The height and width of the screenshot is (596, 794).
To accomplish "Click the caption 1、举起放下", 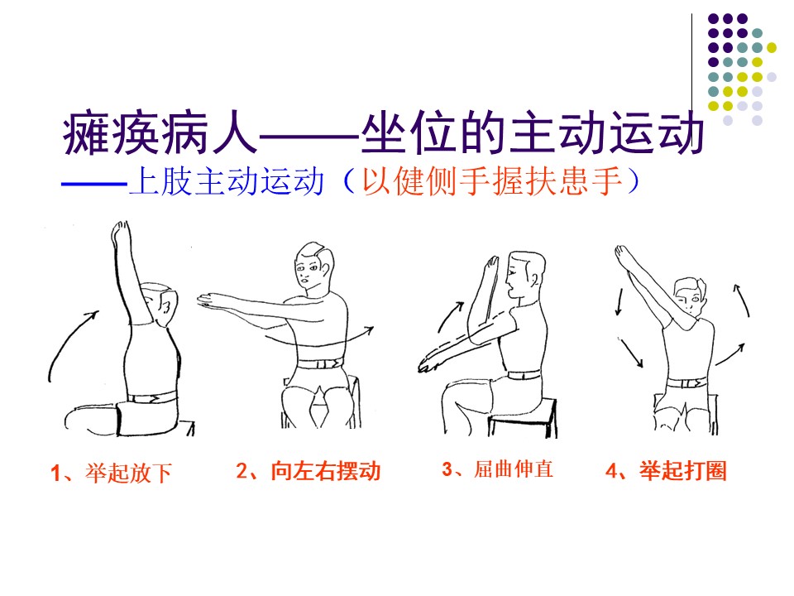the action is [112, 473].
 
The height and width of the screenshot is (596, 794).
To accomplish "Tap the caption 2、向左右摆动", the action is [309, 471].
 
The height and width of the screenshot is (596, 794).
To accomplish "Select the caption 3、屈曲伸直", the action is [497, 469].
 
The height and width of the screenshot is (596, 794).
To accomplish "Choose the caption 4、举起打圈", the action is [667, 471].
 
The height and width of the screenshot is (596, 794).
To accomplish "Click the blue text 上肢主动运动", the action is [227, 181].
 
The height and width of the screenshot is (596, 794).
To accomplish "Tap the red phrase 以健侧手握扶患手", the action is [491, 181].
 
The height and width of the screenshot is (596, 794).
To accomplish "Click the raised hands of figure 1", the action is [121, 233].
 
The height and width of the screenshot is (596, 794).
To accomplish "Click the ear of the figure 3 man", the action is [533, 278].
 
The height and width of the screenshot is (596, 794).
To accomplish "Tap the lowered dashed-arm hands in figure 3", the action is [428, 365].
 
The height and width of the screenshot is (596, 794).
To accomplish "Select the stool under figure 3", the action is [523, 417].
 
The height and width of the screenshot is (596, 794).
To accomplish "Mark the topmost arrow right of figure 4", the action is [743, 300].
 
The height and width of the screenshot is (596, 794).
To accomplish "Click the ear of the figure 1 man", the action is [165, 305].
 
